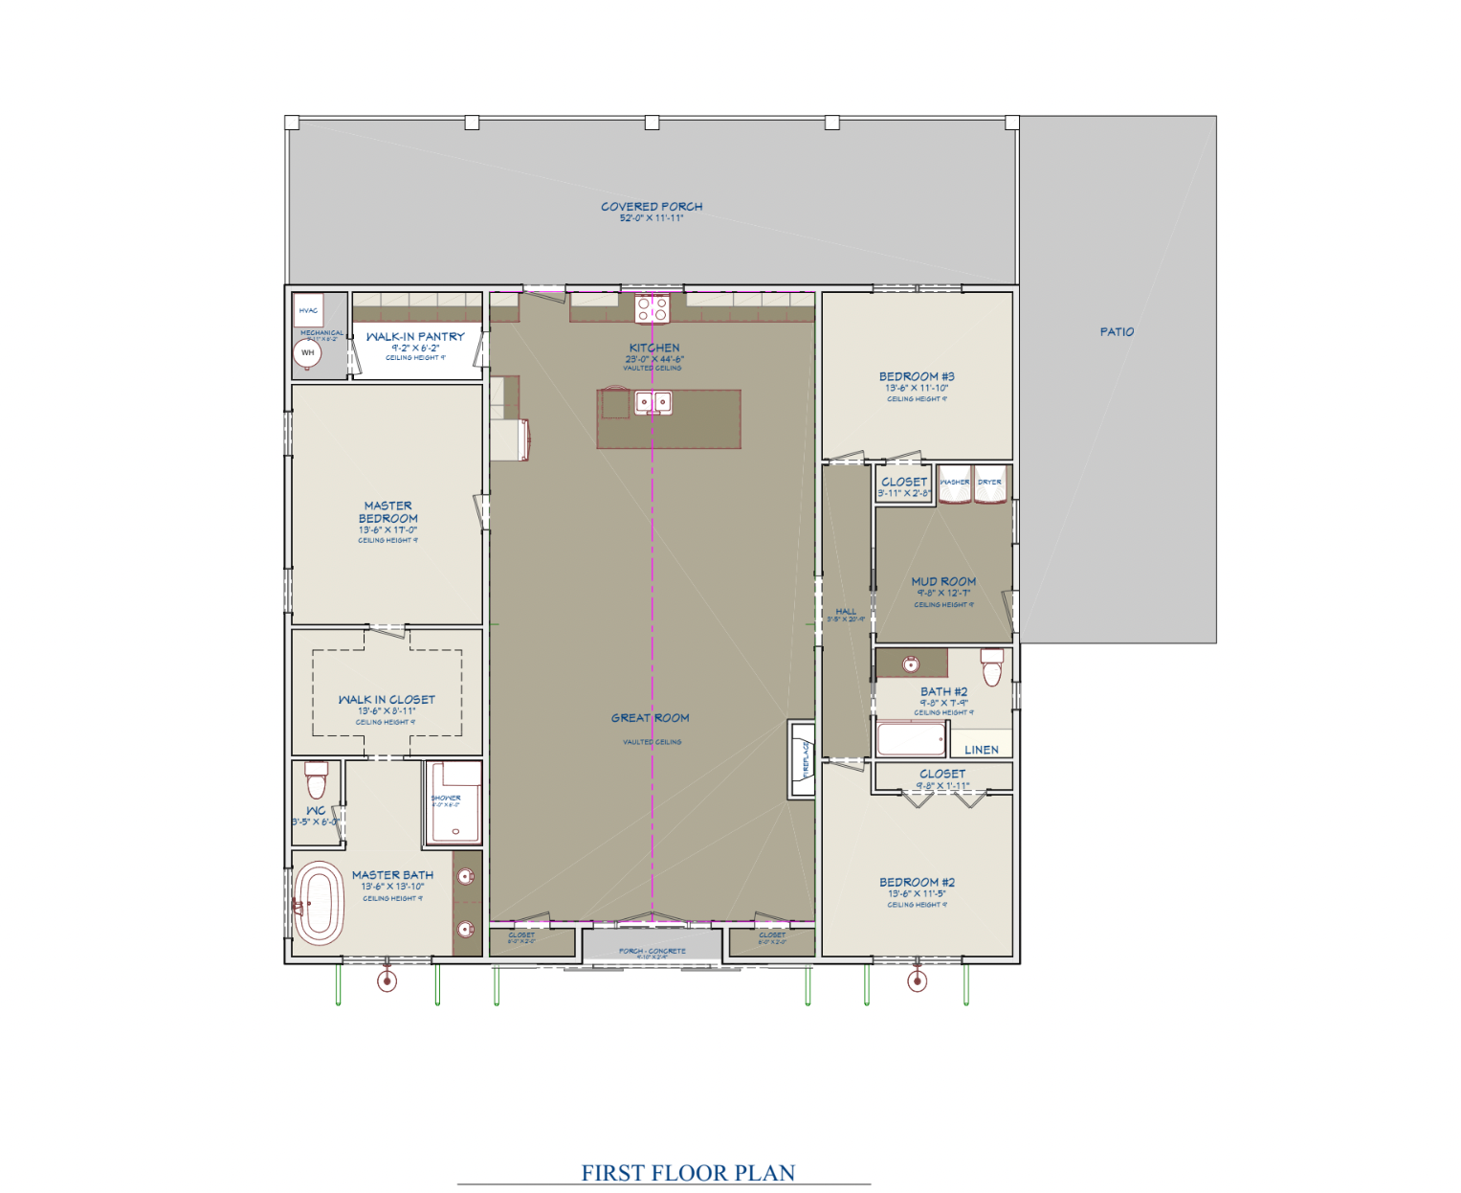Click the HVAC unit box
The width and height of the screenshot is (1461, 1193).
pyautogui.click(x=308, y=310)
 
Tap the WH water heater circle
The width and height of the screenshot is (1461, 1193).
pyautogui.click(x=307, y=353)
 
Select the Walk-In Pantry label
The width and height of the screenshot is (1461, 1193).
pyautogui.click(x=415, y=337)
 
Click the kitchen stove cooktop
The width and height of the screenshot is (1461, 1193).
pyautogui.click(x=653, y=308)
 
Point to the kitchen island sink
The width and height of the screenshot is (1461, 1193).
pyautogui.click(x=653, y=402)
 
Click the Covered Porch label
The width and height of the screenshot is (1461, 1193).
pyautogui.click(x=652, y=207)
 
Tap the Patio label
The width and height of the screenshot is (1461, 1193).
pyautogui.click(x=1117, y=332)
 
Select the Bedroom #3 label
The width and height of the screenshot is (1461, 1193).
pyautogui.click(x=917, y=377)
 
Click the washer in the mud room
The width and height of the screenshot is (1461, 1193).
pyautogui.click(x=954, y=484)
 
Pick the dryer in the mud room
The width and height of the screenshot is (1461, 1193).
pyautogui.click(x=990, y=484)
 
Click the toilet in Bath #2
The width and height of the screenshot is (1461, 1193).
pyautogui.click(x=992, y=667)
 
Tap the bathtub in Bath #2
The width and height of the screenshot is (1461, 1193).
pyautogui.click(x=911, y=739)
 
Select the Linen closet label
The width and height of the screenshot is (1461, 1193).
pyautogui.click(x=982, y=750)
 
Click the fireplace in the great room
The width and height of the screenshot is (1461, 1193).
pyautogui.click(x=801, y=758)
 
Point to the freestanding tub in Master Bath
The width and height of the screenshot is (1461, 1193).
pyautogui.click(x=319, y=903)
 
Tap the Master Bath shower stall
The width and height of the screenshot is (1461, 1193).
pyautogui.click(x=454, y=802)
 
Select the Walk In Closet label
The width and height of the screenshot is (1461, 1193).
pyautogui.click(x=387, y=700)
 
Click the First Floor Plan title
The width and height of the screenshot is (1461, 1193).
pyautogui.click(x=688, y=1173)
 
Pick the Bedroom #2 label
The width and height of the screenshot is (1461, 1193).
pyautogui.click(x=917, y=883)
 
